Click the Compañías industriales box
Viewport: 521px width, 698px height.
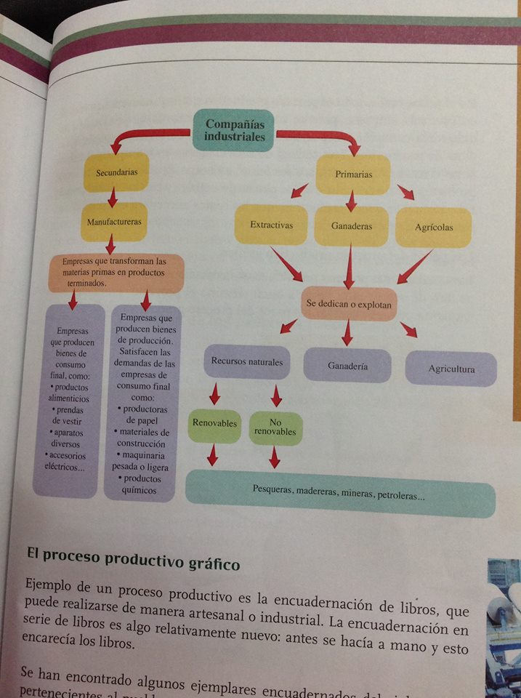(233, 129)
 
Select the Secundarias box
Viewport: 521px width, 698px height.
(116, 172)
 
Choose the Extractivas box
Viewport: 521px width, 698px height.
(271, 225)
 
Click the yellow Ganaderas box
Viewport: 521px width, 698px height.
(352, 226)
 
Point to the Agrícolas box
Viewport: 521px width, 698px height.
(434, 227)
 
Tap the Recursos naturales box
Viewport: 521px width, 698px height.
(246, 361)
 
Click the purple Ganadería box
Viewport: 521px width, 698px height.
(347, 366)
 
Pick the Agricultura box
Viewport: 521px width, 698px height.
(451, 369)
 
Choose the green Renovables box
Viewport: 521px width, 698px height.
(215, 422)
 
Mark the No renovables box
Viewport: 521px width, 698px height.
(275, 427)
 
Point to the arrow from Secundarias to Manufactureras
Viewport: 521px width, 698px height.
(112, 197)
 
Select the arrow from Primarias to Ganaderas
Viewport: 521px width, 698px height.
(352, 200)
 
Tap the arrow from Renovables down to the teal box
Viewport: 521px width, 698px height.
(212, 456)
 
